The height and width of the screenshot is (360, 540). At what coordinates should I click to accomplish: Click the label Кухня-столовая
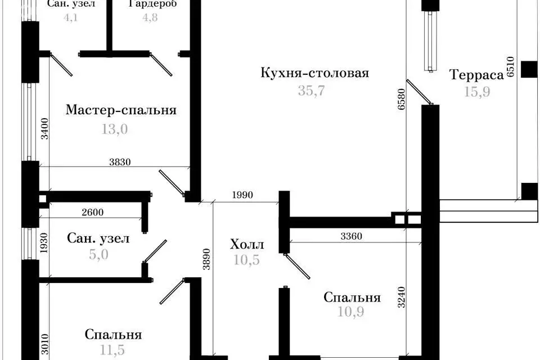(x=314, y=73)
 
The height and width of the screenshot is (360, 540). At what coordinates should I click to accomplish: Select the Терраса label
(x=476, y=75)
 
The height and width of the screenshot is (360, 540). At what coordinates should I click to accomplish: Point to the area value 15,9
(x=476, y=91)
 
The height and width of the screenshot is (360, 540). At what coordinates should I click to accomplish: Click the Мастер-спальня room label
(x=121, y=110)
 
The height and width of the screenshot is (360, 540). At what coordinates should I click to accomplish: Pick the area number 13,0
(x=115, y=129)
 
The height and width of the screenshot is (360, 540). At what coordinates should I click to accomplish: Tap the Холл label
(x=247, y=245)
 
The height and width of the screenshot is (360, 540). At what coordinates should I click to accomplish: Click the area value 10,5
(x=247, y=260)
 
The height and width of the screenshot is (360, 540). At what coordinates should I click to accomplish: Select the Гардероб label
(x=152, y=4)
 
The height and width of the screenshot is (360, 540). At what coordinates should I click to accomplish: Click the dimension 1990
(x=242, y=196)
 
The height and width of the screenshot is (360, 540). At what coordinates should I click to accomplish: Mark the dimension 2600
(x=92, y=213)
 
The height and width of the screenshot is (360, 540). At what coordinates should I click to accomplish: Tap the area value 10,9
(x=351, y=311)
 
